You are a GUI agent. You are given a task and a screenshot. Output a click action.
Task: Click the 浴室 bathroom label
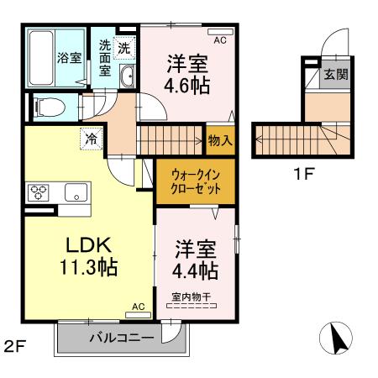[x=70, y=58]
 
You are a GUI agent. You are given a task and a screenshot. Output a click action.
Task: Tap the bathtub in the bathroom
[x=41, y=57]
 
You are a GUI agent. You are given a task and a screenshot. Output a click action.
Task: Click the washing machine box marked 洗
[x=123, y=49]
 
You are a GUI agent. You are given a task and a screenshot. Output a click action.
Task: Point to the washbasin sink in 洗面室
[x=127, y=79]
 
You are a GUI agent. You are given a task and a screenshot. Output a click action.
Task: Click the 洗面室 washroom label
[x=105, y=58]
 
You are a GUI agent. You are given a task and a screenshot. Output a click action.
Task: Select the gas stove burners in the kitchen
[x=39, y=191]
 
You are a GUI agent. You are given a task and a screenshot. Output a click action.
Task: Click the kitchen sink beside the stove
[x=76, y=192]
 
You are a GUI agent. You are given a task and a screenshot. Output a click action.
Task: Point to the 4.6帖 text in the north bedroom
[x=187, y=85]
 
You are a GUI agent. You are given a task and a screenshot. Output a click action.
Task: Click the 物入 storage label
[x=220, y=140]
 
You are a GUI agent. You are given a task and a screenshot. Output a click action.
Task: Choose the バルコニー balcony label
[x=122, y=338]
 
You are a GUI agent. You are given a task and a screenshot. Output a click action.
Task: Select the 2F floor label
[x=15, y=345]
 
